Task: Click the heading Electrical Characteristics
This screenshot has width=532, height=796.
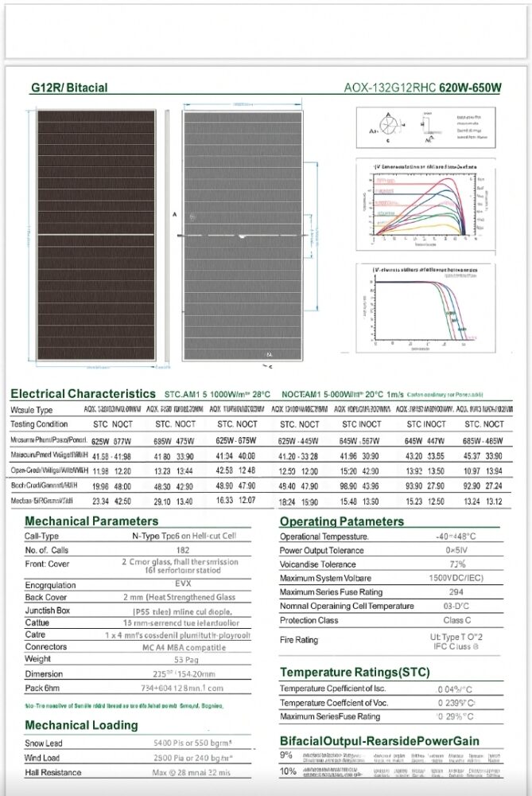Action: (x=83, y=394)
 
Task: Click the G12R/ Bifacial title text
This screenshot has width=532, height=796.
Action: (x=69, y=88)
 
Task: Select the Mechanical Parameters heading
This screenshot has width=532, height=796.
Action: (x=91, y=521)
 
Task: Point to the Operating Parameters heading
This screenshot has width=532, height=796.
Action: (x=341, y=521)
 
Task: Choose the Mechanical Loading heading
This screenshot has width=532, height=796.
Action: (x=81, y=725)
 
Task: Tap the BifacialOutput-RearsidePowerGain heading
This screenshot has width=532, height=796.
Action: (x=379, y=741)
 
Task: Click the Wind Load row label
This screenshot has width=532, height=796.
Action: (x=43, y=758)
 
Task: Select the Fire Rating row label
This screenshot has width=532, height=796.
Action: (x=298, y=640)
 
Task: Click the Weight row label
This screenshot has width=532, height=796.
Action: (x=37, y=659)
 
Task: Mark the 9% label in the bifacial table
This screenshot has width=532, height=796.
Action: (x=286, y=755)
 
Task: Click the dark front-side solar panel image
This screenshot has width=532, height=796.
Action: (x=95, y=236)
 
